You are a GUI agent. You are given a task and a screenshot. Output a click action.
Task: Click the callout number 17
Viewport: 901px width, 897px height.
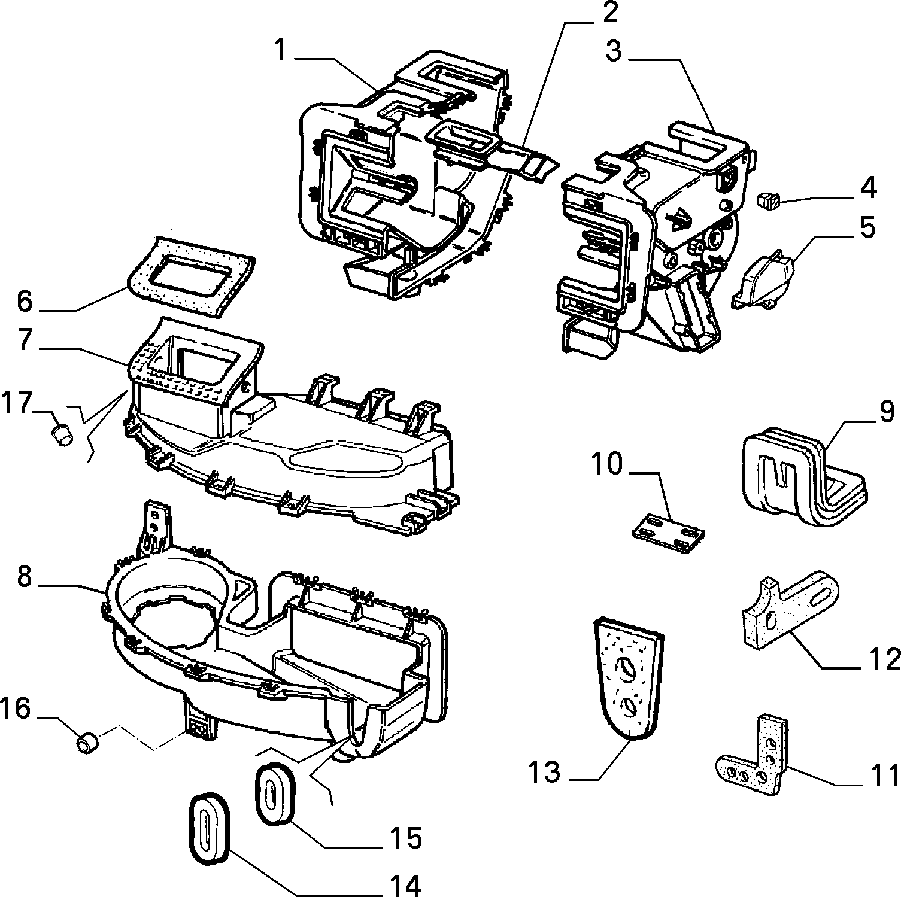tap(16, 403)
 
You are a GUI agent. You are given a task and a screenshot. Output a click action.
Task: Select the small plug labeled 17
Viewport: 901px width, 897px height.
tap(61, 434)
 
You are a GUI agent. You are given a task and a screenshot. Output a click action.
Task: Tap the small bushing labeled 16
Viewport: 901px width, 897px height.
tap(88, 743)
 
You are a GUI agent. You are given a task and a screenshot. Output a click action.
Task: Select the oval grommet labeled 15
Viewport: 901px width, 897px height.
tap(275, 790)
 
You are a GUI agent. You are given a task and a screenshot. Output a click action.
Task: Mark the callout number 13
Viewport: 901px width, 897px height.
tap(544, 773)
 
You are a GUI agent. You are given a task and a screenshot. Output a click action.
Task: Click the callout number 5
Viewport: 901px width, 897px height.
tap(867, 228)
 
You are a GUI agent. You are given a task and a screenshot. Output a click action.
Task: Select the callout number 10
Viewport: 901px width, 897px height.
tap(608, 464)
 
